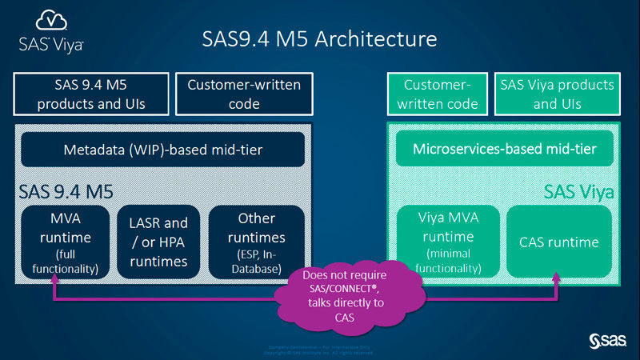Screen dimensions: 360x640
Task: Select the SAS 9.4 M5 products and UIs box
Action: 90,94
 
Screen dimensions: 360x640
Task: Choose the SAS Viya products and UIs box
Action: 556,94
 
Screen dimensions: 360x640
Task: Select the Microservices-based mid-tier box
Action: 506,149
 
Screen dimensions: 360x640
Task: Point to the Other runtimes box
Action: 256,241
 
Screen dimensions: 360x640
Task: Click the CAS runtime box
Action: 558,241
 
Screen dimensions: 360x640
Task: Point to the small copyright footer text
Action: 320,349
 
